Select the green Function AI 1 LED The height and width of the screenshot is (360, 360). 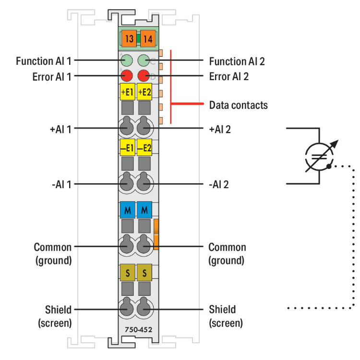(x=127, y=60)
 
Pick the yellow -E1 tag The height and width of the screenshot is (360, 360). (x=127, y=147)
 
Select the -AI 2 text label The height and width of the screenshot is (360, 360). (x=219, y=184)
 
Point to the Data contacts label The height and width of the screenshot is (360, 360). (x=238, y=104)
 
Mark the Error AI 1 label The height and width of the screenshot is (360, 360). (x=51, y=76)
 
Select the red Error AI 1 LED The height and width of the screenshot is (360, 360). (x=127, y=75)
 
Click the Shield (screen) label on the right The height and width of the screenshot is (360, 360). (x=226, y=316)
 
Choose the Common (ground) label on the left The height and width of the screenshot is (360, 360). (x=52, y=253)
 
